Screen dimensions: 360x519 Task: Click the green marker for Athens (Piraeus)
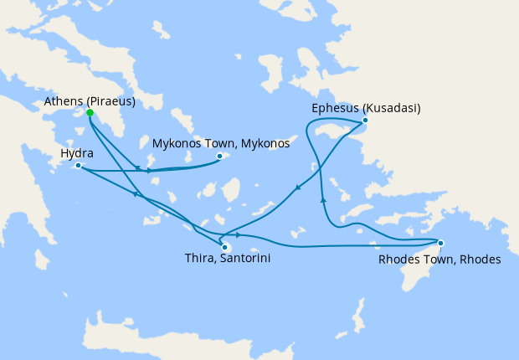pyautogui.click(x=90, y=112)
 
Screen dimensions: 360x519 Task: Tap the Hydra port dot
pyautogui.click(x=78, y=166)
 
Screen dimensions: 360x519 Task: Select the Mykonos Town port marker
pyautogui.click(x=220, y=156)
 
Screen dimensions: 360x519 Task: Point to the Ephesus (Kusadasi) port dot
pyautogui.click(x=365, y=121)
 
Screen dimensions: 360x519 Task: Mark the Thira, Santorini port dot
pyautogui.click(x=224, y=246)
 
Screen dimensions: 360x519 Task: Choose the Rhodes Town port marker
pyautogui.click(x=441, y=244)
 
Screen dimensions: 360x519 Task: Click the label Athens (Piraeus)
pyautogui.click(x=90, y=101)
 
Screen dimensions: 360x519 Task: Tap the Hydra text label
pyautogui.click(x=77, y=154)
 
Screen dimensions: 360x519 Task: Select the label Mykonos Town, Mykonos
pyautogui.click(x=221, y=143)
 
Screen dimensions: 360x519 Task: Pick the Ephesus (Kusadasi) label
pyautogui.click(x=366, y=108)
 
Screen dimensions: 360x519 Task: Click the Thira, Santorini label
pyautogui.click(x=227, y=260)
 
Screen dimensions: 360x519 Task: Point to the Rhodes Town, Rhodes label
pyautogui.click(x=439, y=260)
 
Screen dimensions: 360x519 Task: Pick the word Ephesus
pyautogui.click(x=335, y=108)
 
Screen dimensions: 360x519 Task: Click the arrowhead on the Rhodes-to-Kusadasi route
pyautogui.click(x=323, y=200)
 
